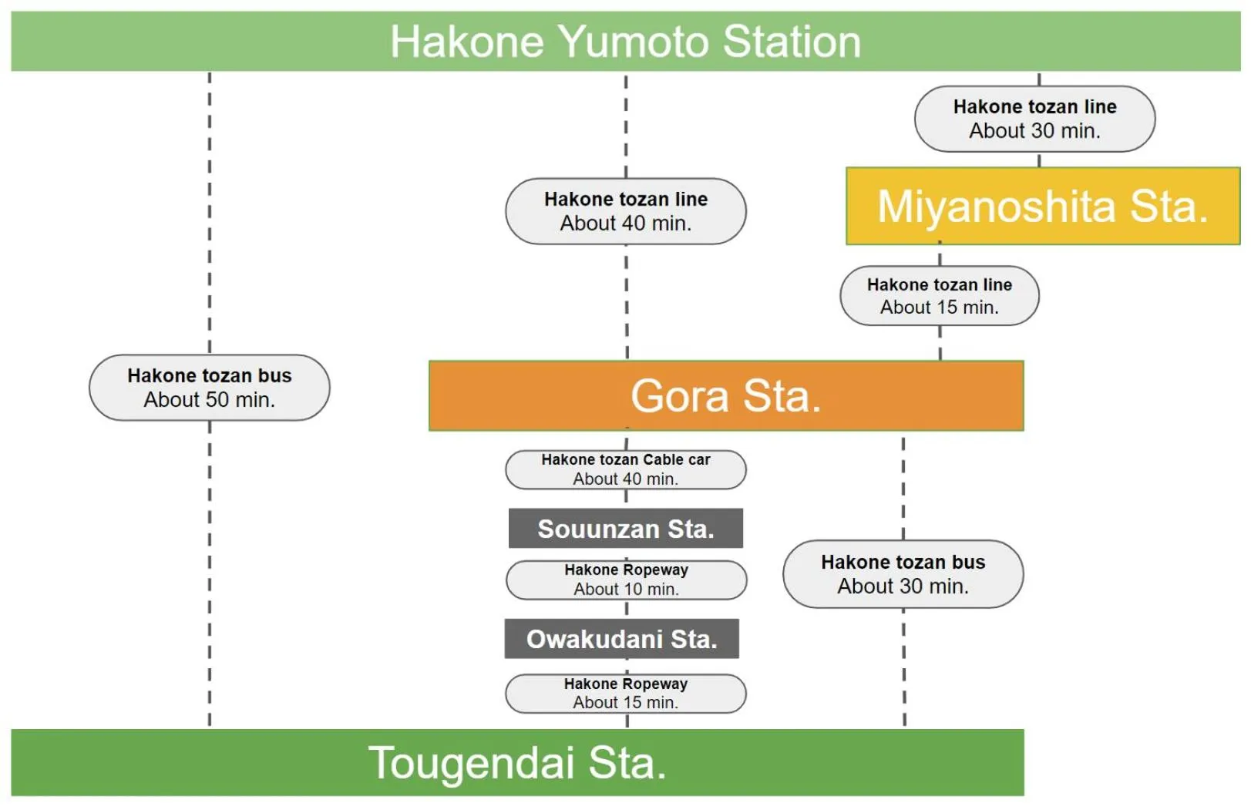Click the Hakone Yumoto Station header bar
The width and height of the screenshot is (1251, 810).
coord(625,42)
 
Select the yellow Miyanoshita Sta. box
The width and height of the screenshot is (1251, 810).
coord(1042,207)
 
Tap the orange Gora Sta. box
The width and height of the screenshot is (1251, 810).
coord(725,395)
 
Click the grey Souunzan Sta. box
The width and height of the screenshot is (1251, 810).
coord(625,529)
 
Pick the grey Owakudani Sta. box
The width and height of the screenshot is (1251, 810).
coord(621,639)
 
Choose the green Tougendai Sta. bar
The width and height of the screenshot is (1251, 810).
coord(516,763)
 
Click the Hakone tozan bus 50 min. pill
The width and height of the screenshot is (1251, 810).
coord(209,388)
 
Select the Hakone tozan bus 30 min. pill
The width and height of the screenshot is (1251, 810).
coord(903,574)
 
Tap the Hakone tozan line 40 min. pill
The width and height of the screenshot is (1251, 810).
coord(625,211)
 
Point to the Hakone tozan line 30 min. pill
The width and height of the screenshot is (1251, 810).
coord(1034,119)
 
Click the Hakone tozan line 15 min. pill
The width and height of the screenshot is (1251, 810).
coord(939,296)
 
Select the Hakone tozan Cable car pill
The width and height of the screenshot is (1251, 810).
coord(625,469)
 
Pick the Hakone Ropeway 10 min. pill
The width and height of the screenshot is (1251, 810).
coord(626,580)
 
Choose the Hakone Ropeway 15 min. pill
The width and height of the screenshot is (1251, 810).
coord(625,693)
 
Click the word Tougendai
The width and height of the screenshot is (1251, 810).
coord(471,763)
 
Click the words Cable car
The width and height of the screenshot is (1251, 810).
coord(677,460)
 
